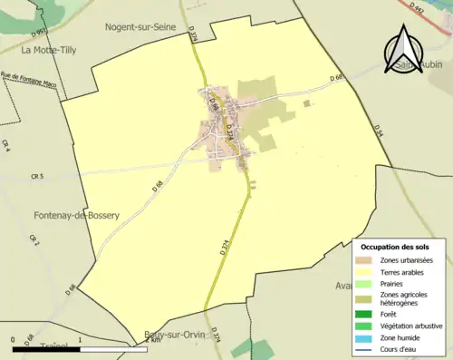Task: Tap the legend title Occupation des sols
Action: (x=395, y=247)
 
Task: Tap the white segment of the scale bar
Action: (x=48, y=338)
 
